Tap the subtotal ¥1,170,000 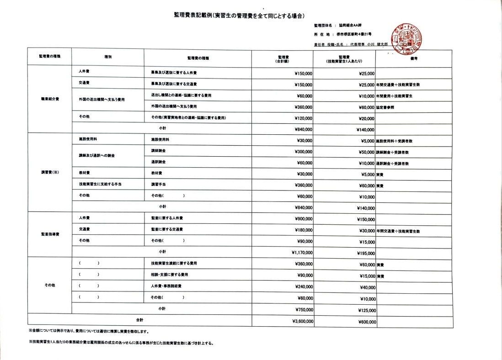tap(302, 252)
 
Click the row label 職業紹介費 tap(50, 98)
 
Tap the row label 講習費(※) tap(50, 172)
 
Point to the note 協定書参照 tap(387, 107)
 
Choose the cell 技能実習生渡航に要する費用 tap(174, 264)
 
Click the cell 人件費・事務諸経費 tap(166, 286)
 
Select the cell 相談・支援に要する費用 tap(170, 275)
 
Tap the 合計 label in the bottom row tap(139, 320)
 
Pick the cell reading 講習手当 tap(159, 185)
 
